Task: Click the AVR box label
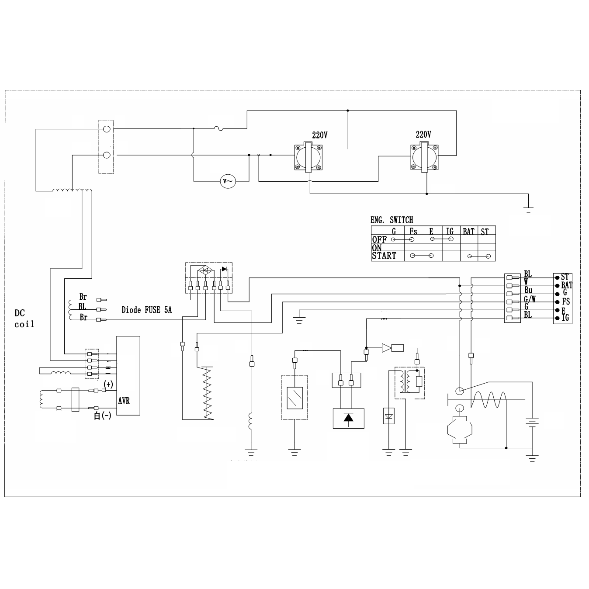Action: coord(124,400)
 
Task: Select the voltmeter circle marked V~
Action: coord(228,181)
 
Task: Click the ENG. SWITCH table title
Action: coord(392,220)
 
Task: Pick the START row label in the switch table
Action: coord(384,256)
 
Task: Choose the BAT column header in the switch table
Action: coord(468,231)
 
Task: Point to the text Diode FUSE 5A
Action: coord(147,310)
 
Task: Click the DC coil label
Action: coord(24,319)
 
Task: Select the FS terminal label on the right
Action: coord(566,301)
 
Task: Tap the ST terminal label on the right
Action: coord(565,277)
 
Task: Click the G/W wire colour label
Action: coord(530,299)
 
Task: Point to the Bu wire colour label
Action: coord(528,291)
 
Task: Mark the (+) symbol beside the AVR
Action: coord(108,385)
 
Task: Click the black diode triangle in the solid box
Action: coord(348,418)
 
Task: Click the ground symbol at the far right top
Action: coord(529,209)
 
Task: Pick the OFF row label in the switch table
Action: coord(379,239)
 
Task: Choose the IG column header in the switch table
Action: coord(450,231)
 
